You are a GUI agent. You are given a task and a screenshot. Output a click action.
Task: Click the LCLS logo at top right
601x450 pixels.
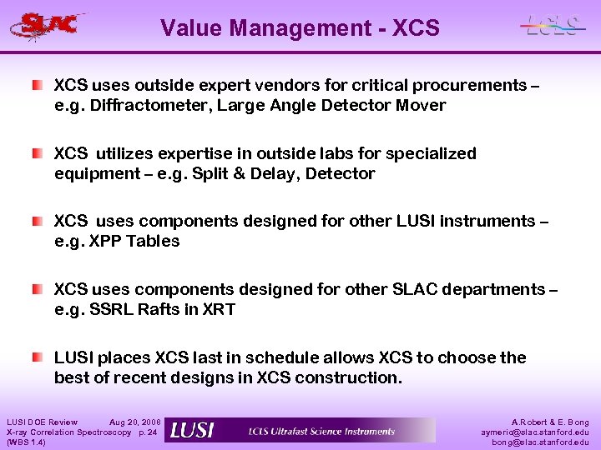point(551,25)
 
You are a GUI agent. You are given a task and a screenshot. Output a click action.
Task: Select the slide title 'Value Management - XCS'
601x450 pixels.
point(300,28)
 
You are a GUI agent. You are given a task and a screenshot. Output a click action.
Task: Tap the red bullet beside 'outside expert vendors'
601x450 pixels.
point(38,86)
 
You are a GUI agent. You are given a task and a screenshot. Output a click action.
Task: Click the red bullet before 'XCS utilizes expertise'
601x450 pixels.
point(38,154)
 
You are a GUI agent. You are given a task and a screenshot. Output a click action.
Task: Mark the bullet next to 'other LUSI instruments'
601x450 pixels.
point(38,222)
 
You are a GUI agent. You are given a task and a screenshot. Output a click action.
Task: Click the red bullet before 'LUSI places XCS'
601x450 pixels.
point(38,357)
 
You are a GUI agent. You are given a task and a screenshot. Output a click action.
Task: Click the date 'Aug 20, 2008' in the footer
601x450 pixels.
point(136,422)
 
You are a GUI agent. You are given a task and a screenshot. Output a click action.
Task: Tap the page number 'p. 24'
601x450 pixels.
point(147,432)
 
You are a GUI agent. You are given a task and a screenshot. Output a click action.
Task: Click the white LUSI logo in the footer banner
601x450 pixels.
point(192,431)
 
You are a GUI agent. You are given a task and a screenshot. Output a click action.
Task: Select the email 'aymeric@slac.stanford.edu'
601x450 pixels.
point(535,432)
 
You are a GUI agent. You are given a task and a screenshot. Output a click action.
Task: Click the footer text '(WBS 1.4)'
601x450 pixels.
point(26,442)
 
